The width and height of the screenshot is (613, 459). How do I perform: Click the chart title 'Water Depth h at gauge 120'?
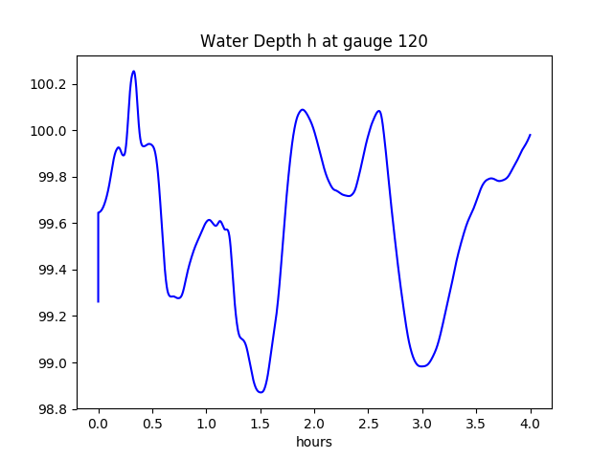click(313, 41)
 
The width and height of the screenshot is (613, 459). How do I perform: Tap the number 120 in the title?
click(414, 41)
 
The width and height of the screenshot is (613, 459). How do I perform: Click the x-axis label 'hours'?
click(313, 443)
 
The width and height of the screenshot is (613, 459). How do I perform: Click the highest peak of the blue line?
click(133, 71)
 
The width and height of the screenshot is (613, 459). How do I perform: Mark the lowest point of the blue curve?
click(260, 392)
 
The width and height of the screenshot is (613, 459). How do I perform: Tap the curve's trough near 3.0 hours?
click(421, 366)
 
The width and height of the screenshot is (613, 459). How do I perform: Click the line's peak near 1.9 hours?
click(303, 109)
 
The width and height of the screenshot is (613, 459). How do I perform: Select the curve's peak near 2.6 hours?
click(379, 111)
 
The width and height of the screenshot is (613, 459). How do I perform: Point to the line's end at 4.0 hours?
click(531, 135)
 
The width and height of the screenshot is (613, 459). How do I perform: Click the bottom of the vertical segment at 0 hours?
click(99, 302)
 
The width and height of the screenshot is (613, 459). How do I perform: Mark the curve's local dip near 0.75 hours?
click(178, 298)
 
